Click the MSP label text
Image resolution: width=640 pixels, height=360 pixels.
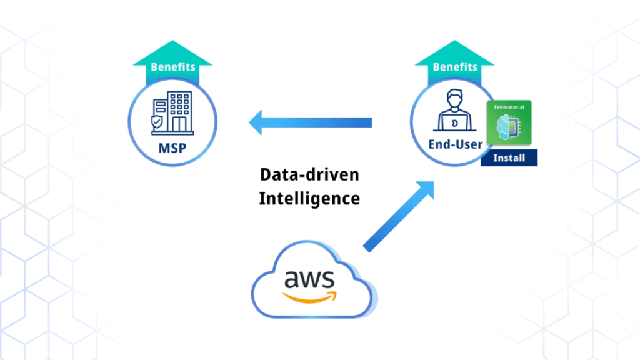coord(172,151)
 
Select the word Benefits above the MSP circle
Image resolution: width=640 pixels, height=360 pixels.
coord(173,66)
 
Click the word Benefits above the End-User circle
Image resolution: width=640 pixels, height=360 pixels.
coord(455,66)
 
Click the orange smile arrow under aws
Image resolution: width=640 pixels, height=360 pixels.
coord(309,294)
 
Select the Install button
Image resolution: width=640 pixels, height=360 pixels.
coord(509,157)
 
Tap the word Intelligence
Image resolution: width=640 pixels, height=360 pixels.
coord(309,199)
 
